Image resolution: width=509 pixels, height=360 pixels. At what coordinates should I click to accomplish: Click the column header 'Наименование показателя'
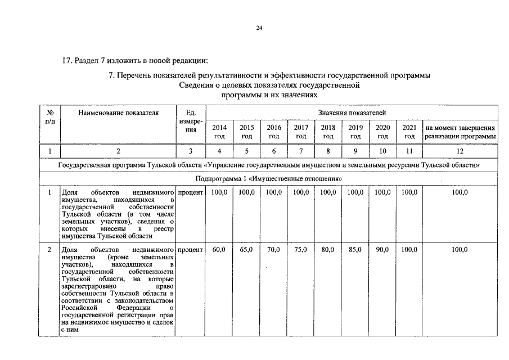[119, 113]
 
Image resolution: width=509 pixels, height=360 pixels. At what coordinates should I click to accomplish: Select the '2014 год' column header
[219, 132]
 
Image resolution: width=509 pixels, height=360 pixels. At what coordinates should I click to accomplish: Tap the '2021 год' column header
[409, 132]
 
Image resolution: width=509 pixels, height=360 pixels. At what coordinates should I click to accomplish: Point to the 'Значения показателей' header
[352, 113]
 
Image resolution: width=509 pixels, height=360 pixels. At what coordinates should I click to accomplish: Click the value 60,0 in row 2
[219, 249]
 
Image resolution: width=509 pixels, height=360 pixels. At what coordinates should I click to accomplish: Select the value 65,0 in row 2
[246, 249]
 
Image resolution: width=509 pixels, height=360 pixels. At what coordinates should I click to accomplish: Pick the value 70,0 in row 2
[274, 249]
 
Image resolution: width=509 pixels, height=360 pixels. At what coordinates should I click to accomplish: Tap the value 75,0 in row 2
[301, 249]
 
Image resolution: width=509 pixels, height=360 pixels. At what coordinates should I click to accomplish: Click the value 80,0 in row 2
[328, 249]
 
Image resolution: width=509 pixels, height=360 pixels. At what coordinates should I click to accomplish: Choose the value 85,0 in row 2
[355, 249]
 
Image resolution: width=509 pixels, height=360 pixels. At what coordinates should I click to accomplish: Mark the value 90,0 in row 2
[382, 249]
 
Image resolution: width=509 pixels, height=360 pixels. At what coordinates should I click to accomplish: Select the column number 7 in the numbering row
[301, 151]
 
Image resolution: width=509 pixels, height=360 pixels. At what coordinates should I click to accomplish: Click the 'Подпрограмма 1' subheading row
[269, 179]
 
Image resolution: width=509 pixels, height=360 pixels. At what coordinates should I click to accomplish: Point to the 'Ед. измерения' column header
[191, 121]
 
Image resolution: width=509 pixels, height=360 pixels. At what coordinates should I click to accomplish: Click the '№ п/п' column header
[50, 117]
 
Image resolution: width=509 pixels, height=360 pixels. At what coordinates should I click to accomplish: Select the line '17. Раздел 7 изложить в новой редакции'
[135, 60]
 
